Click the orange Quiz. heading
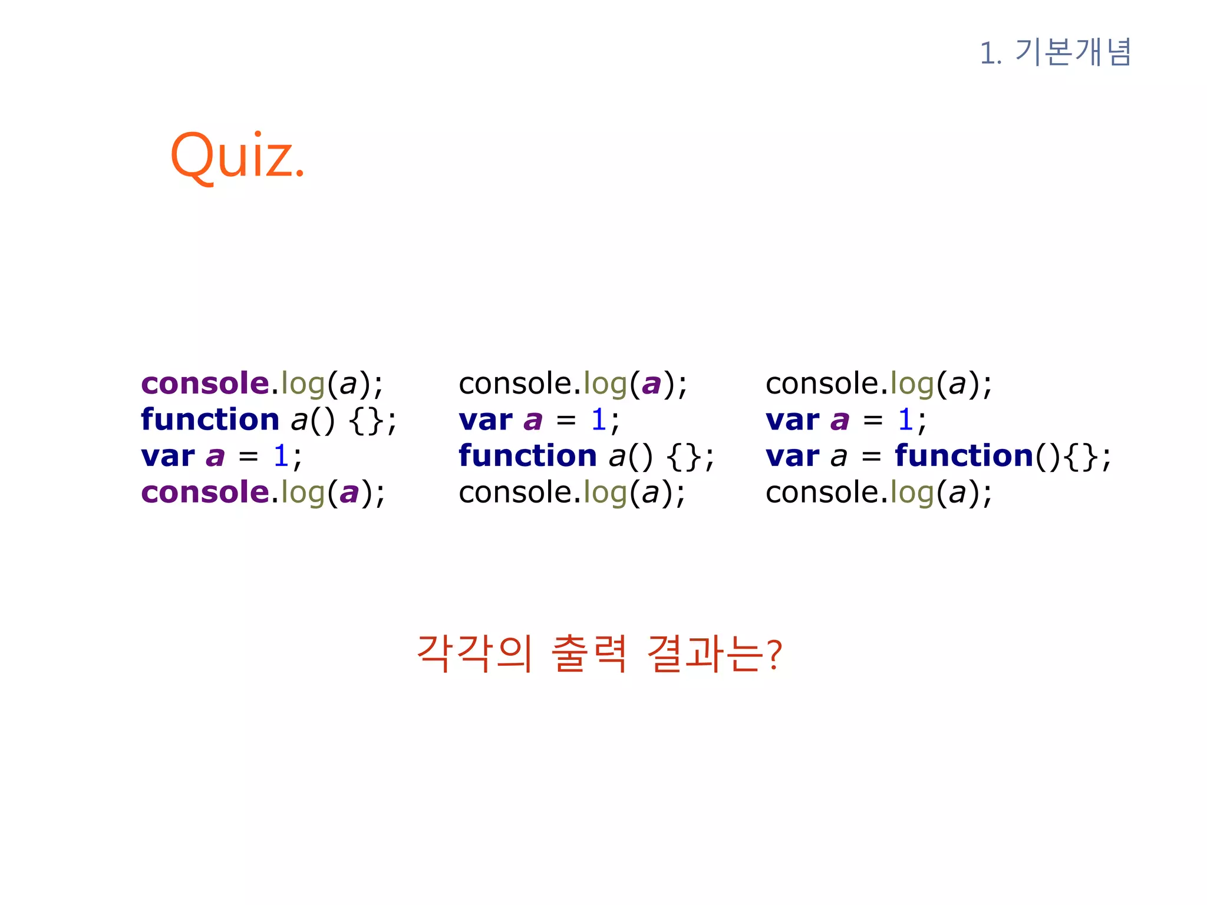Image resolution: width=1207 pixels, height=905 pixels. point(237,156)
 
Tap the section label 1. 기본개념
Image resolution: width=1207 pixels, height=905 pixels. point(1055,52)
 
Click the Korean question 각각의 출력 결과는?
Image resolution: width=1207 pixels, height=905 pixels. point(599,653)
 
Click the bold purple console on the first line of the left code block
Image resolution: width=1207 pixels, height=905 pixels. point(205,384)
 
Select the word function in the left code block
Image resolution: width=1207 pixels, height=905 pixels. point(210,420)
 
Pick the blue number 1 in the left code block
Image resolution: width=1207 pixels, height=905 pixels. point(281,456)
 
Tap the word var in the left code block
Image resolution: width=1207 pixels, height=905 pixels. point(167,457)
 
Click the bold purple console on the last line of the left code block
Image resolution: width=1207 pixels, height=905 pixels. point(205,493)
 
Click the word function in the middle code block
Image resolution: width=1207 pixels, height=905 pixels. point(527,456)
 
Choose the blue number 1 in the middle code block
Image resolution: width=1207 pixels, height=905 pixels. point(599,420)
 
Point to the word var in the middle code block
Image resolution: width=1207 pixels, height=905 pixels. point(486,421)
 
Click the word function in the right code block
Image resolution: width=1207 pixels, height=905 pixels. point(964,456)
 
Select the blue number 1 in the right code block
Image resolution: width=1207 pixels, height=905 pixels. point(905,420)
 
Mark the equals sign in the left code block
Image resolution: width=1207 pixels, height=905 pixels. point(248,457)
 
